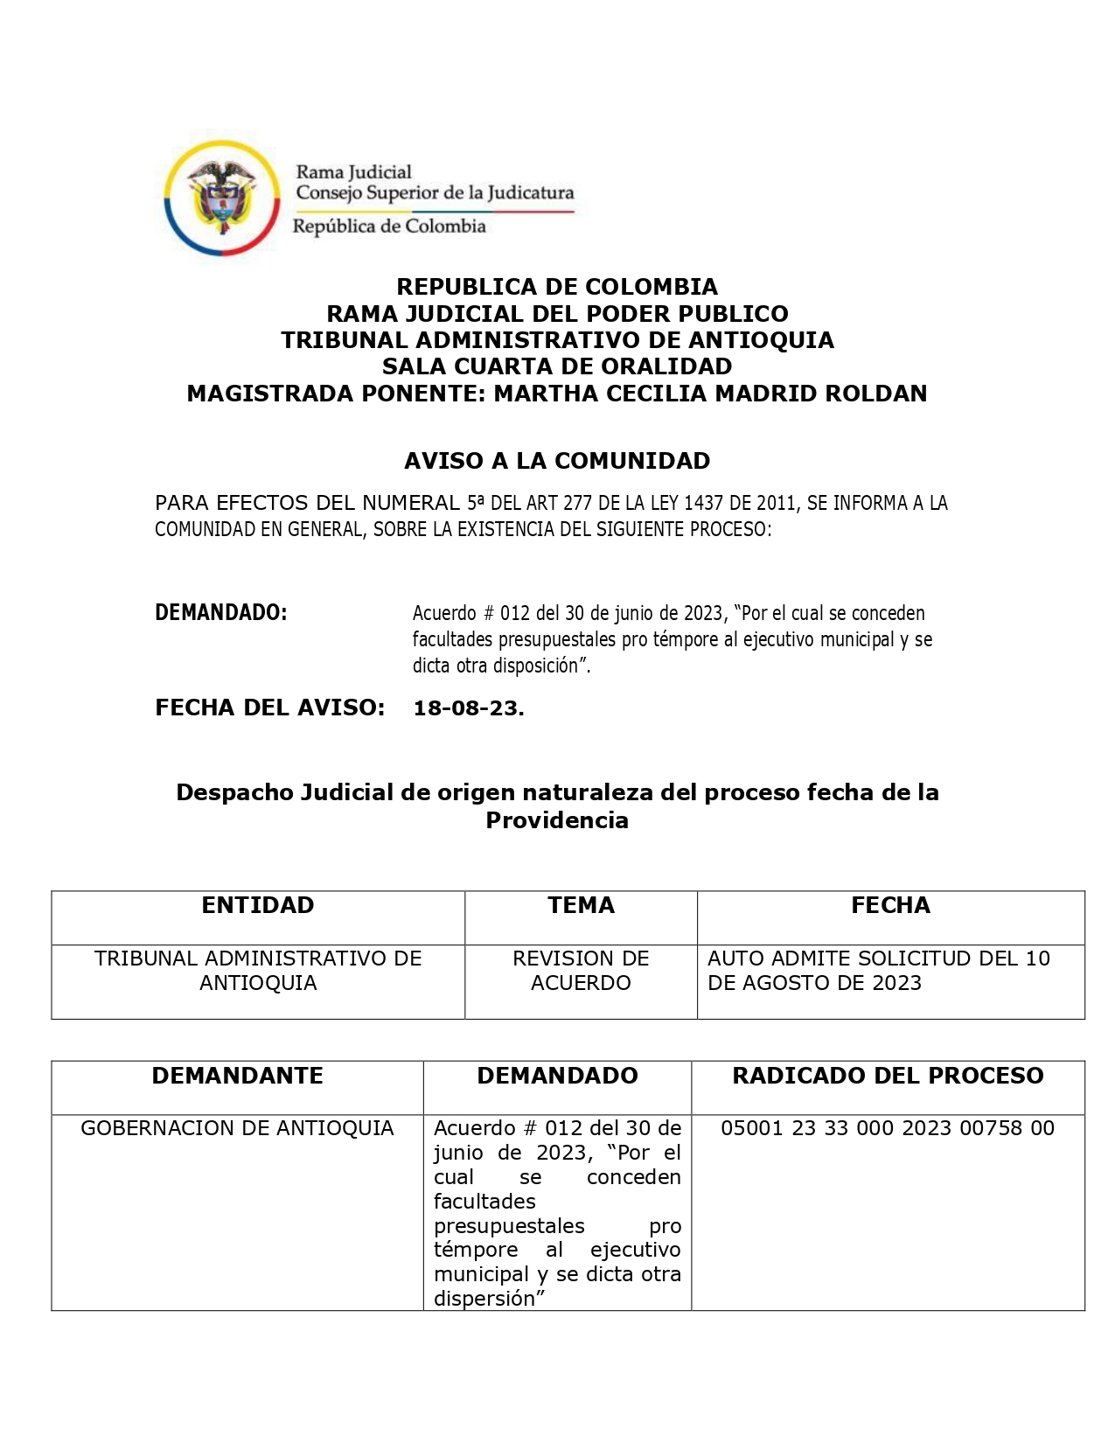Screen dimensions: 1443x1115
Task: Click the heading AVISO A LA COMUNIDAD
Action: click(x=557, y=461)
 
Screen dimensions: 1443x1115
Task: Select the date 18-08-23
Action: click(x=469, y=708)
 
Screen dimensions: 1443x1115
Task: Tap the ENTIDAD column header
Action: click(x=258, y=905)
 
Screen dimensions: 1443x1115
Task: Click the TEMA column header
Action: click(x=581, y=905)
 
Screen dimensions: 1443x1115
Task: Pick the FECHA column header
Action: click(x=890, y=905)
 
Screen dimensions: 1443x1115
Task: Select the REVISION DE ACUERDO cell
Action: click(x=581, y=971)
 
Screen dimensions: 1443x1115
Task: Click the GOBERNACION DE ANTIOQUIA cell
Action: click(x=237, y=1128)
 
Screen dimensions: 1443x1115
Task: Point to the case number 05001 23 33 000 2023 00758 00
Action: click(x=888, y=1128)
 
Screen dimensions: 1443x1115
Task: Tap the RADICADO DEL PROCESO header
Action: click(x=888, y=1076)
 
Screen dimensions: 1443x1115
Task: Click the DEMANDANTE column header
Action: click(x=237, y=1076)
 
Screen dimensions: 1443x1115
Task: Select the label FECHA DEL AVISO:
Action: click(x=270, y=708)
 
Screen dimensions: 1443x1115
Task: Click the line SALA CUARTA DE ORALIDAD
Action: click(x=557, y=366)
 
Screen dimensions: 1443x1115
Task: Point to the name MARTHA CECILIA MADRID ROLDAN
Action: click(x=710, y=394)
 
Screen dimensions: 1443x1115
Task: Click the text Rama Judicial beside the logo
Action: click(x=353, y=172)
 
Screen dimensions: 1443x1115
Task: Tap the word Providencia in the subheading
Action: click(x=557, y=820)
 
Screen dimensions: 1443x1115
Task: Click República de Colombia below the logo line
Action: click(x=389, y=227)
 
